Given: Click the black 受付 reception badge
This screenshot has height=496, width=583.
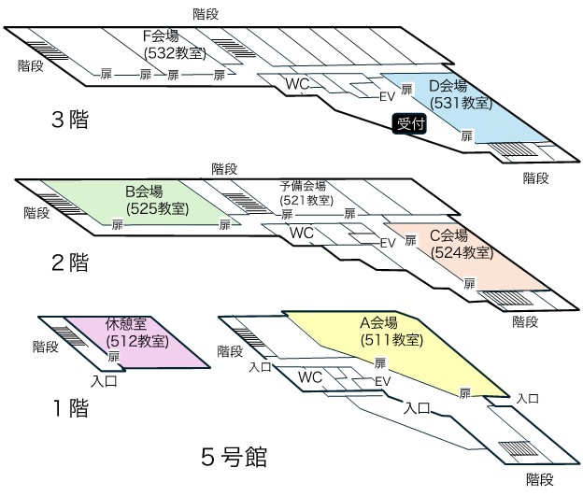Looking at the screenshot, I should pos(410,123).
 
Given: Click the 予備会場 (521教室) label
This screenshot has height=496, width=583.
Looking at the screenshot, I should pos(305,193).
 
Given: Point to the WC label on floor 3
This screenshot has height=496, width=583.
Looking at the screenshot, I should pos(297,85).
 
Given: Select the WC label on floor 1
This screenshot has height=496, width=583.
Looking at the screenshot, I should pos(310,376).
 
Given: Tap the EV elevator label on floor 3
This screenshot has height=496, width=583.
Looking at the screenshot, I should pos(387,94).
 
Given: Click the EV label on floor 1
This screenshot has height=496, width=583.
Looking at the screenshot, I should pos(381,382).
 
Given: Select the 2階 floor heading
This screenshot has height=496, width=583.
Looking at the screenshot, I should pos(70,263).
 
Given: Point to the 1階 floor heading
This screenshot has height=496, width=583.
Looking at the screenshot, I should pos(70,408).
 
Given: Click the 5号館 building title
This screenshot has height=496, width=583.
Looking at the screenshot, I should pos(235,458).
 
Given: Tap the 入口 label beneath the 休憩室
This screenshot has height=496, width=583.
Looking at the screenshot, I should pos(104,381).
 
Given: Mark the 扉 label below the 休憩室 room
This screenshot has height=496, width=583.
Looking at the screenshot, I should pos(114,357).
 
